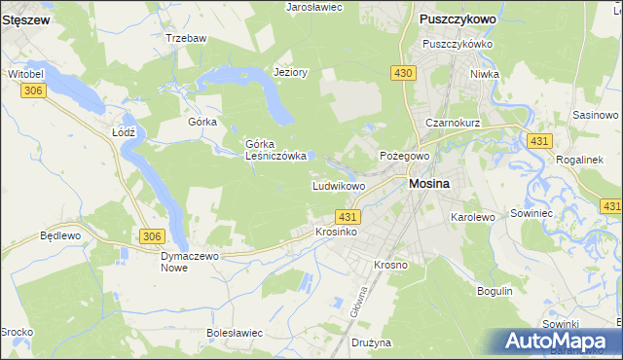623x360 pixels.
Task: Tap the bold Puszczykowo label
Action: (x=458, y=18)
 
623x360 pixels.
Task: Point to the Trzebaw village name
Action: (x=187, y=38)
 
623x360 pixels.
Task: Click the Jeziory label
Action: (x=291, y=72)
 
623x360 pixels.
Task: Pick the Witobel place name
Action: (x=27, y=74)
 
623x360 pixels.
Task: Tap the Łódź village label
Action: (x=123, y=131)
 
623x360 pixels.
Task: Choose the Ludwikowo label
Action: (x=338, y=185)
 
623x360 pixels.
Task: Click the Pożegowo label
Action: (x=404, y=156)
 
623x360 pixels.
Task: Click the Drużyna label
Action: (x=371, y=342)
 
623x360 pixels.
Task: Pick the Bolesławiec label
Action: (x=236, y=333)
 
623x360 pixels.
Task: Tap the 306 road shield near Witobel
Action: (x=33, y=90)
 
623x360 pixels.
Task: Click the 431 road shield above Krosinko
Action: (x=349, y=216)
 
